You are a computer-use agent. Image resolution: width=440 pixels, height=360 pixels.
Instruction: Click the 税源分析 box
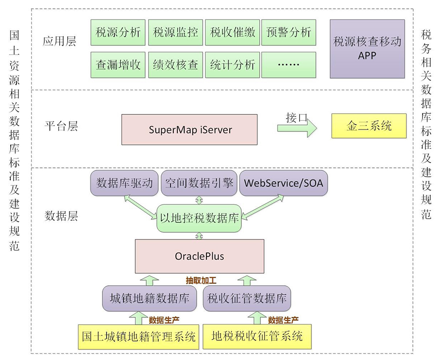click(118, 33)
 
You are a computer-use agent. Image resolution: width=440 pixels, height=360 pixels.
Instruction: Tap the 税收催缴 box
click(232, 33)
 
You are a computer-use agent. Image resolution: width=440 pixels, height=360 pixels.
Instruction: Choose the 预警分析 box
click(288, 33)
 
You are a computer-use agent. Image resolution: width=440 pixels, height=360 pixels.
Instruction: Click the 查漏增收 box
click(118, 65)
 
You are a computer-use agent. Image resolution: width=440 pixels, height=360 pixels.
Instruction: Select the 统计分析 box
click(232, 65)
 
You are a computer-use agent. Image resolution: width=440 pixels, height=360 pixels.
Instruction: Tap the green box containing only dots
click(288, 65)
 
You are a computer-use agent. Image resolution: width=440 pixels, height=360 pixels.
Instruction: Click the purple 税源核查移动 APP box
click(367, 49)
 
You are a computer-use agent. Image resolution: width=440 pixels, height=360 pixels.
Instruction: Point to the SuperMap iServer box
click(189, 130)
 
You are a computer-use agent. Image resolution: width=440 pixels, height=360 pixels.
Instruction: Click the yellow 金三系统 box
click(369, 126)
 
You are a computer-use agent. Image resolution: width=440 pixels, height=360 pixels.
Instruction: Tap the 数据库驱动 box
click(124, 183)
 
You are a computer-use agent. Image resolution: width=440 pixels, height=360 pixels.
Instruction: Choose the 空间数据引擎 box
click(199, 183)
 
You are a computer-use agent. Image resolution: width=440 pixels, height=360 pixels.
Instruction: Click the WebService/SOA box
click(284, 183)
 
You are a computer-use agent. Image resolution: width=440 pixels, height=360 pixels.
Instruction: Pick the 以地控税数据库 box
click(199, 218)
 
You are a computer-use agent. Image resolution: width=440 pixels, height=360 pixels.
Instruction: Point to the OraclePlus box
click(199, 256)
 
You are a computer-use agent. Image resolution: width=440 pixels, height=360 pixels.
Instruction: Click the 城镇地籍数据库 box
click(149, 298)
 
